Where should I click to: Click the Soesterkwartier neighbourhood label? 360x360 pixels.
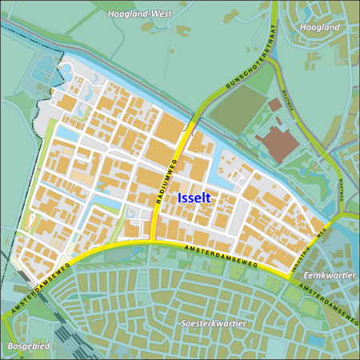213,323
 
